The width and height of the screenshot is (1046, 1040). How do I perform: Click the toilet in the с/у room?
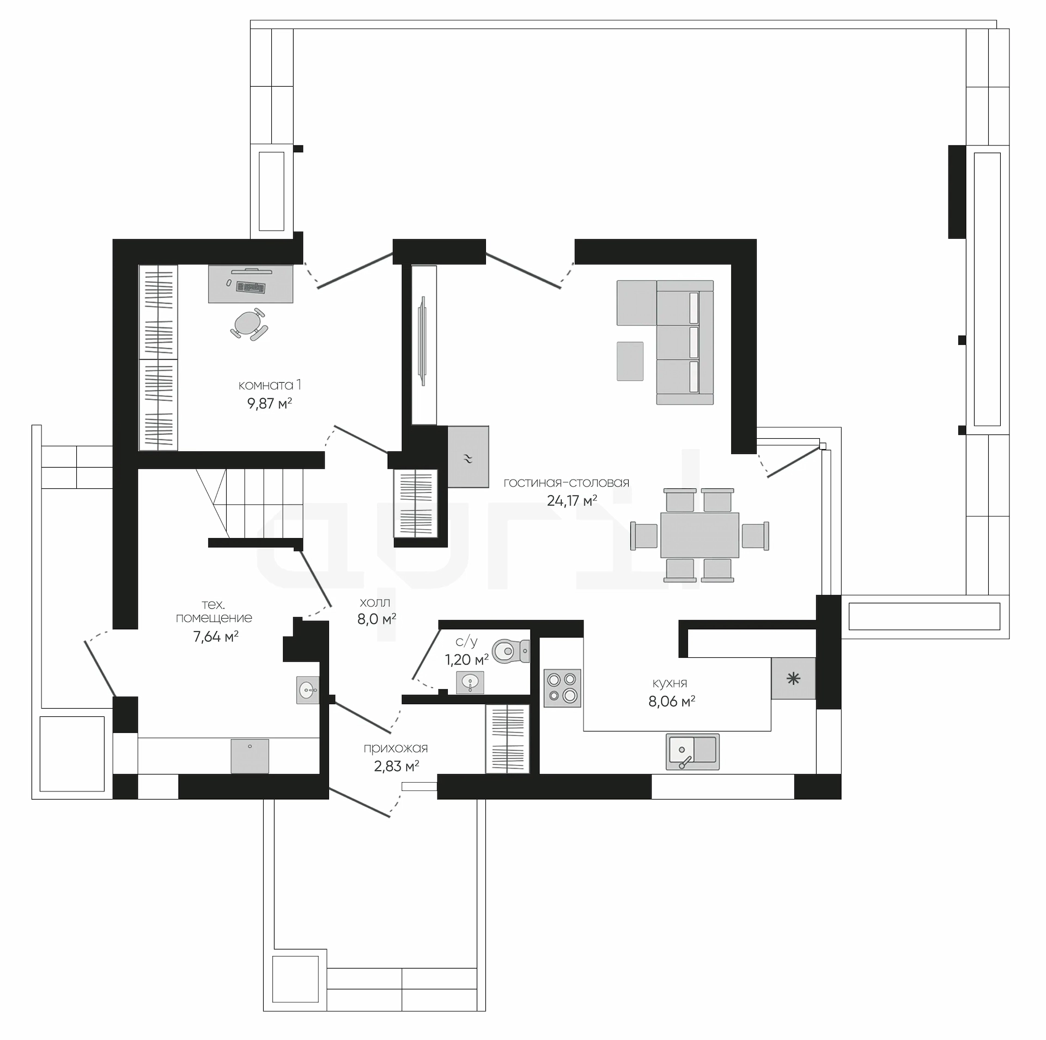pos(510,650)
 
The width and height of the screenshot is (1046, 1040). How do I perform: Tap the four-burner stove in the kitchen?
pos(563,688)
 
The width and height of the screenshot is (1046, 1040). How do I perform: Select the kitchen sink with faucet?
pos(692,752)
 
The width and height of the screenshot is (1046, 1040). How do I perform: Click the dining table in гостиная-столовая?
pos(700,535)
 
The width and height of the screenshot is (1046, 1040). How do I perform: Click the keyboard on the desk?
pos(251,287)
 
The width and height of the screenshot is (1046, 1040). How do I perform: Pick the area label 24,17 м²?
pos(572,500)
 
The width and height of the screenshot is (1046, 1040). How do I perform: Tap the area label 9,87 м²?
pos(270,403)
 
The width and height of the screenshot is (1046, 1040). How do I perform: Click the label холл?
pos(375,603)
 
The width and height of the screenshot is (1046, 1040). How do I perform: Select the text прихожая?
pos(396,748)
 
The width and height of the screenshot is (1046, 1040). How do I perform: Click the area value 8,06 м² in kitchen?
pos(671,701)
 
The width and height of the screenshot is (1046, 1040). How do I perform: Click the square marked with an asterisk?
pos(793,678)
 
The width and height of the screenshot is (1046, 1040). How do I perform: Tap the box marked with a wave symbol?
pos(468,457)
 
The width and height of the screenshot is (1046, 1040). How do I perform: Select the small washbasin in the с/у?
pos(470,682)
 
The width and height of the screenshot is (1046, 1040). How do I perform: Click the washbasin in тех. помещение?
pos(308,690)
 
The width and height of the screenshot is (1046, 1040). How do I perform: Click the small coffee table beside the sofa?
pos(630,361)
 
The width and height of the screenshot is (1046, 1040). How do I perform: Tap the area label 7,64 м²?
pos(216,637)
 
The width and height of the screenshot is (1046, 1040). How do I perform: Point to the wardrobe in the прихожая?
pos(507,739)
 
